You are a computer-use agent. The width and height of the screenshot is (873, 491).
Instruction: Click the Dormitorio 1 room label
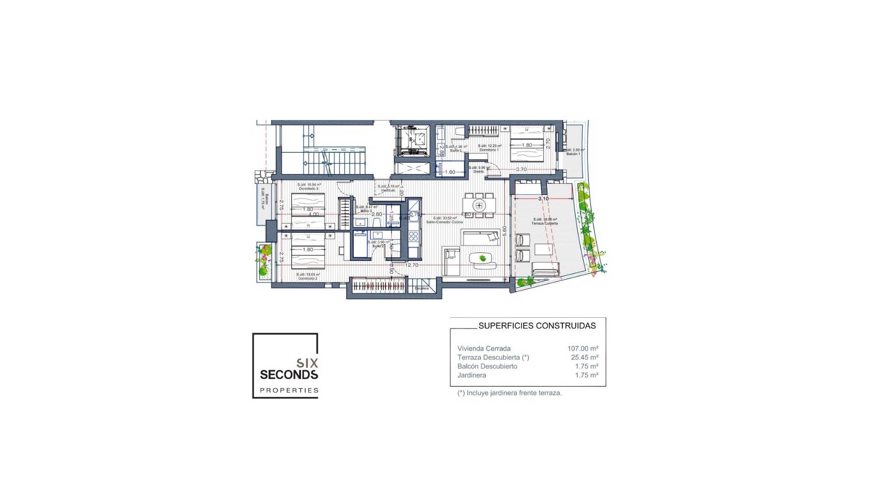click(489, 150)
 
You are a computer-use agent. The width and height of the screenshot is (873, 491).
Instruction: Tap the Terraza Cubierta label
click(545, 223)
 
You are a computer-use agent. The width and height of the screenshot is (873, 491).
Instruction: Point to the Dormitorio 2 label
click(307, 278)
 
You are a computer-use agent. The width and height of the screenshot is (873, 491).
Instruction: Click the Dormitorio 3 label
click(308, 188)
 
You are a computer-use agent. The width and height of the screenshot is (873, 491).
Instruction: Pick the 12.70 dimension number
click(411, 265)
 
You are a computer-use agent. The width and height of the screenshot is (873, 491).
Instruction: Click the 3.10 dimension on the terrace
click(543, 199)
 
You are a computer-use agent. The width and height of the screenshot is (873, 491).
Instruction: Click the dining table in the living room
click(479, 205)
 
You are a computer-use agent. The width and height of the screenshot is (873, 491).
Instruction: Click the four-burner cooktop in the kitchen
click(413, 236)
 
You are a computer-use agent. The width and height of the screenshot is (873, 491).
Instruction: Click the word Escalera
click(421, 288)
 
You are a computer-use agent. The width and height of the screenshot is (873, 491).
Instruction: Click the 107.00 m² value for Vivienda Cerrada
click(582, 349)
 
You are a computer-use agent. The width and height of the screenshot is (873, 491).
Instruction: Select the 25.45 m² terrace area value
click(584, 357)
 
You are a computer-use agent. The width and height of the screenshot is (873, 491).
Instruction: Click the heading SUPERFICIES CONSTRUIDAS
click(537, 326)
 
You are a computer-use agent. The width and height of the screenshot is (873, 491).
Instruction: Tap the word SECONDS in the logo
click(289, 375)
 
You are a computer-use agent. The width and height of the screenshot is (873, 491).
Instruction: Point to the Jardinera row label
click(472, 375)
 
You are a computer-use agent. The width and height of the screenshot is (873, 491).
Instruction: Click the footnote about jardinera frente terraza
click(510, 393)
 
